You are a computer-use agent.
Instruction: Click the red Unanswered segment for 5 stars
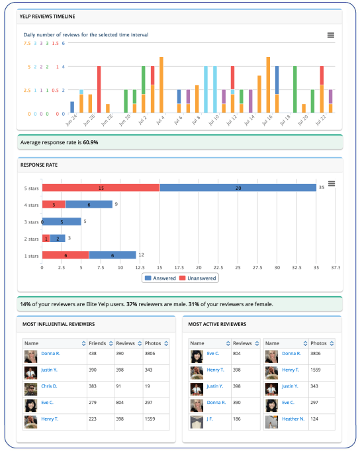click(x=101, y=188)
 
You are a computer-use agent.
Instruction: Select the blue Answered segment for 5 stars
click(x=238, y=188)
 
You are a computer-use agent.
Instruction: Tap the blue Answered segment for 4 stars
click(x=89, y=204)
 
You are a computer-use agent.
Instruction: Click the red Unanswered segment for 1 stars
click(x=66, y=255)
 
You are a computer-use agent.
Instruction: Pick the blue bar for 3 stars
click(x=62, y=222)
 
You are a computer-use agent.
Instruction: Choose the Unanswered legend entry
click(x=200, y=278)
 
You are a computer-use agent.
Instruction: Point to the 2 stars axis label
click(x=31, y=238)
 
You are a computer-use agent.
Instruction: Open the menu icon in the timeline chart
click(x=331, y=35)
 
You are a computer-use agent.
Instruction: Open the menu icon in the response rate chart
click(x=332, y=183)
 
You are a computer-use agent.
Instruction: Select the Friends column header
click(x=97, y=343)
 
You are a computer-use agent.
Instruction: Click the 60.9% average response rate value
click(x=91, y=142)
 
